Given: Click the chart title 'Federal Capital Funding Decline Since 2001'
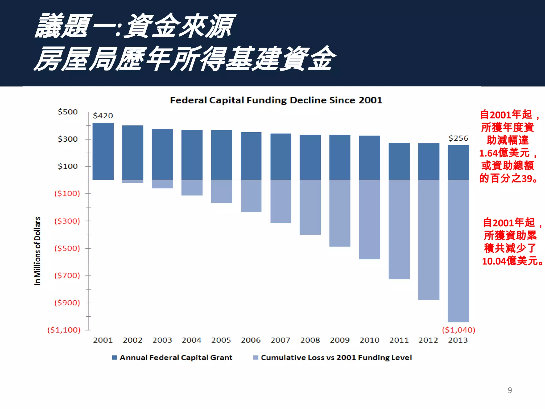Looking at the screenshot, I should (276, 100).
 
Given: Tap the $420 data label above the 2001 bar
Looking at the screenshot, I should (103, 116).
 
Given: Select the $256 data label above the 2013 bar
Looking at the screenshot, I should (458, 138).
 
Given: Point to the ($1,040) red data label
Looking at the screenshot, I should (459, 330).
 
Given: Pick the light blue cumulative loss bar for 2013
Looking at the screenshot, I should (458, 251).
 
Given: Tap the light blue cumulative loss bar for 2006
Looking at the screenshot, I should (251, 196).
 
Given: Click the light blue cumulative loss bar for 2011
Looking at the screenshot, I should (399, 230).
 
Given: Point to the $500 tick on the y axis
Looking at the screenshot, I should (68, 112).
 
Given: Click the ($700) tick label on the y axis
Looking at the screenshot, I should (67, 275).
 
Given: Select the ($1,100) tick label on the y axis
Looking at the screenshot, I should (64, 330).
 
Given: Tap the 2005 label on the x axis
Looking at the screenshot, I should (221, 340).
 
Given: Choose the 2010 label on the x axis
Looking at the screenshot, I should (369, 340).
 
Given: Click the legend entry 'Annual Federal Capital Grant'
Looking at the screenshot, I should (176, 357).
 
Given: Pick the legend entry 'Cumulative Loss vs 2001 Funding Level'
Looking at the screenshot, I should (336, 357).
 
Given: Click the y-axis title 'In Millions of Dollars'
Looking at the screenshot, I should (38, 251).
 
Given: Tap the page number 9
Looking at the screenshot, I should (510, 390).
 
